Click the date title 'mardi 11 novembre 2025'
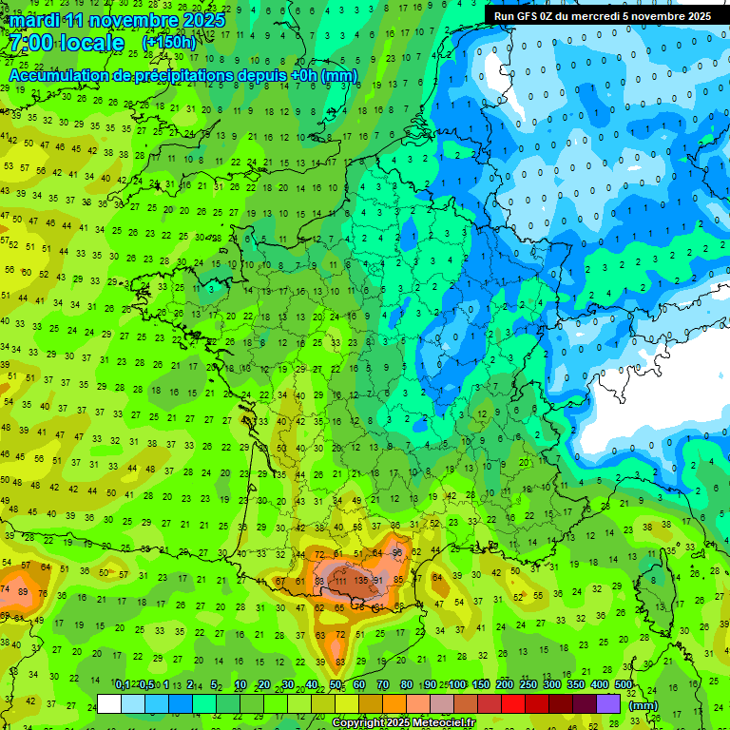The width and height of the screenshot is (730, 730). pos(118,20)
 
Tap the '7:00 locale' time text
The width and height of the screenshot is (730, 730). pos(67,43)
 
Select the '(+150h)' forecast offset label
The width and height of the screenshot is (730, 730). pos(169,43)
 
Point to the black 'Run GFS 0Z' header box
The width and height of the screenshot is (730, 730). pos(602,15)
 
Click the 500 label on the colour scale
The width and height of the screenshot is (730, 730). pos(624,685)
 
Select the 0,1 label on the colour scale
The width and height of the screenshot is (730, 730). pos(123,685)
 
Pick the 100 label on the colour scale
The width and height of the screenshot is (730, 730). pos(457,685)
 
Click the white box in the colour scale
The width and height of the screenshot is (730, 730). pos(109,703)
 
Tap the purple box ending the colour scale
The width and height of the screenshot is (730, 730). pos(608,703)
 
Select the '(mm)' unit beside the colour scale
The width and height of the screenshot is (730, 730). pos(644,705)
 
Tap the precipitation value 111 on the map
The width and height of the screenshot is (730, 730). pos(339,580)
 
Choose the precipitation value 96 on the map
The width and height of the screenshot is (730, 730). pos(397,552)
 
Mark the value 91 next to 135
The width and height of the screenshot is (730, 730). pos(378,580)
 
